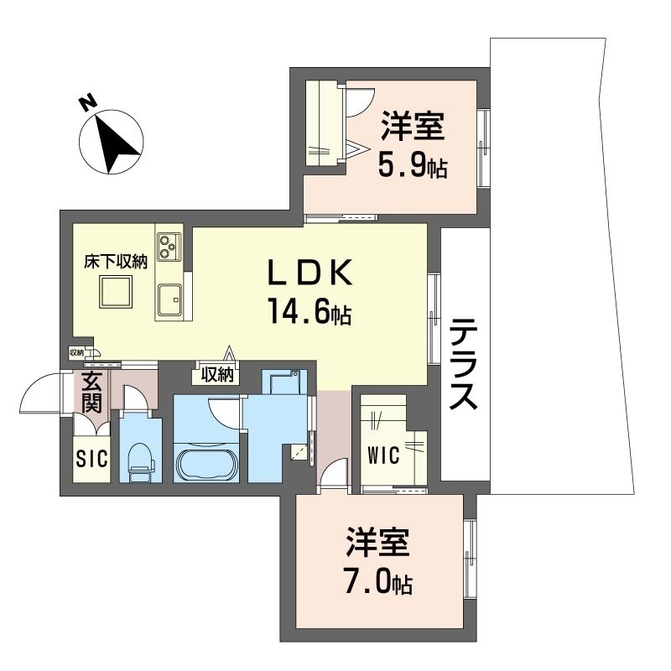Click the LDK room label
pyautogui.click(x=309, y=272)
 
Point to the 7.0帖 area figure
pyautogui.click(x=378, y=580)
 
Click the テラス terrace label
pyautogui.click(x=463, y=364)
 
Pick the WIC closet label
pyautogui.click(x=384, y=455)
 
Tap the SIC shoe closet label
pyautogui.click(x=91, y=459)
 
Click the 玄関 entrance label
pyautogui.click(x=91, y=392)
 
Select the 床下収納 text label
pyautogui.click(x=116, y=262)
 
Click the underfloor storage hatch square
pyautogui.click(x=116, y=292)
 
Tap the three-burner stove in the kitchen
pyautogui.click(x=169, y=247)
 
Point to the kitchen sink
pyautogui.click(x=169, y=299)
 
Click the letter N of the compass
pyautogui.click(x=87, y=102)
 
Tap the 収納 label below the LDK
pyautogui.click(x=217, y=375)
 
